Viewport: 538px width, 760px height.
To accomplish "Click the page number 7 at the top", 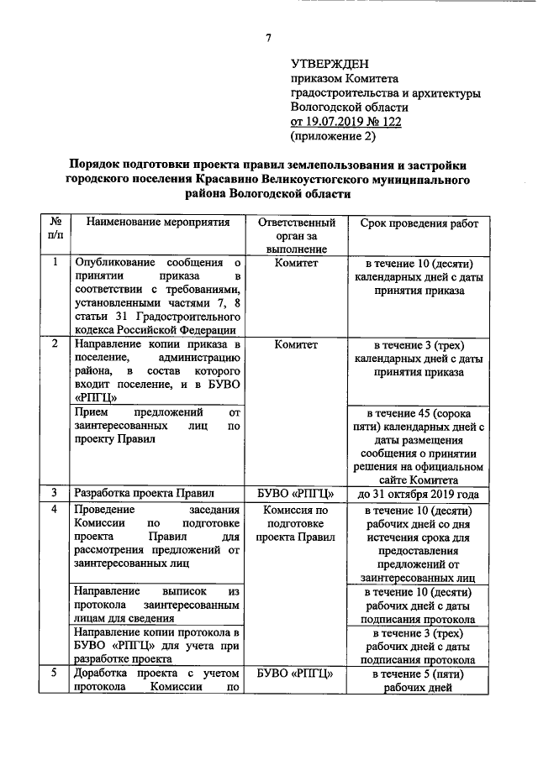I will pos(268,37).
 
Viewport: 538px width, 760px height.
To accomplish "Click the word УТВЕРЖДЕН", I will pos(330,64).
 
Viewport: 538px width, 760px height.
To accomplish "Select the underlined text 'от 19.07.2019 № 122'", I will pos(345,121).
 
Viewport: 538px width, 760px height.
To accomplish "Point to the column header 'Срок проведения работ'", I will pos(419,223).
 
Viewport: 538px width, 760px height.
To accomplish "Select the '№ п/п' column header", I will pos(55,230).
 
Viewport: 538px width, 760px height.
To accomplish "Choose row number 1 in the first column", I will pos(55,262).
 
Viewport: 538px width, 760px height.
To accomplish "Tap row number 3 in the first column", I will pos(55,493).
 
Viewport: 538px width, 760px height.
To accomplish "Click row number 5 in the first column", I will pos(55,673).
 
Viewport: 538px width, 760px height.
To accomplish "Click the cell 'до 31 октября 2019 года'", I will pos(419,493).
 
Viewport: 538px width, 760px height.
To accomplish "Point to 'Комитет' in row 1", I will pos(296,262).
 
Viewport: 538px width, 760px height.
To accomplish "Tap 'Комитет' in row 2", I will pos(296,344).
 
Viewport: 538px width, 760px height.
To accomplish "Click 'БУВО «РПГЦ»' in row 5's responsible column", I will pos(296,673).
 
